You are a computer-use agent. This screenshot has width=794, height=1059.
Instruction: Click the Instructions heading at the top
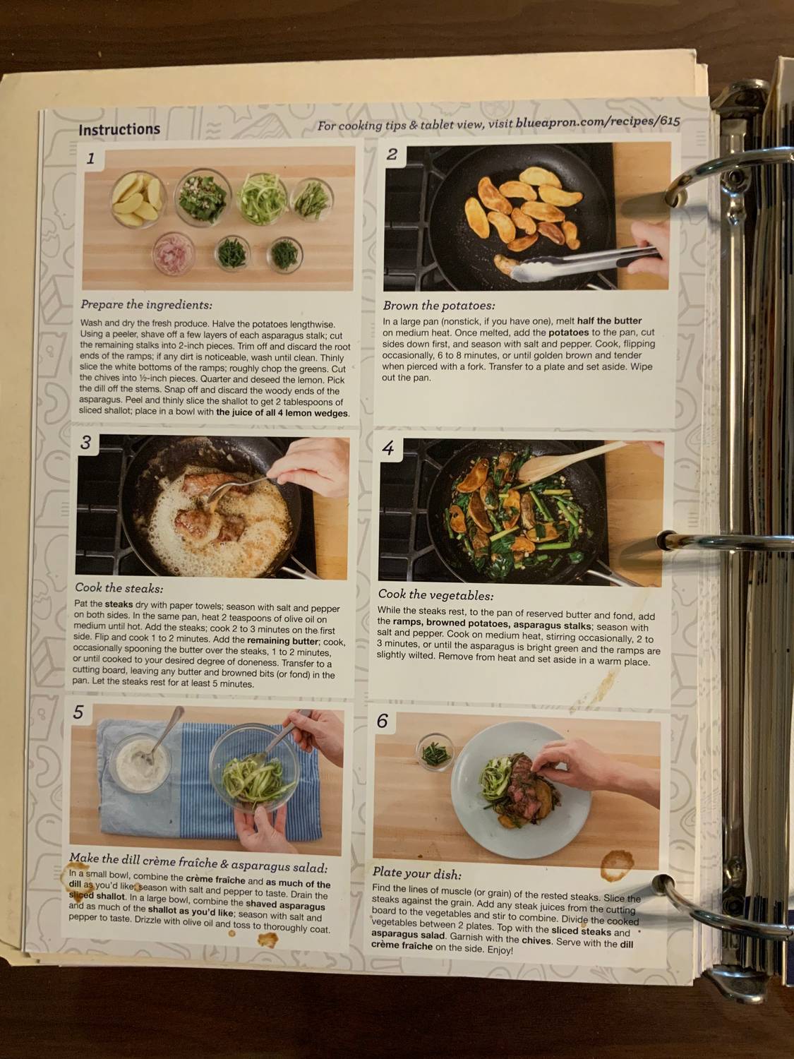pyautogui.click(x=119, y=130)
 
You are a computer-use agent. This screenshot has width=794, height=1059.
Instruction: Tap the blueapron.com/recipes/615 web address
pyautogui.click(x=598, y=122)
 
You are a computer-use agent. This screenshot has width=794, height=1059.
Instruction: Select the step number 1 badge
pyautogui.click(x=90, y=159)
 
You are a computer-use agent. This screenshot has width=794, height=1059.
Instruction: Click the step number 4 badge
pyautogui.click(x=387, y=448)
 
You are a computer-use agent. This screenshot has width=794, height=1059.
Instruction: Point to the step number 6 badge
pyautogui.click(x=383, y=721)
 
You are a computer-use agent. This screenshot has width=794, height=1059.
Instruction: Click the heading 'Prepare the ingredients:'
pyautogui.click(x=146, y=305)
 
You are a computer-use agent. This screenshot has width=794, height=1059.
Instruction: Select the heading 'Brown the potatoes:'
pyautogui.click(x=438, y=306)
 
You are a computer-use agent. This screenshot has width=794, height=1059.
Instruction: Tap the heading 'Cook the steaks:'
pyautogui.click(x=119, y=587)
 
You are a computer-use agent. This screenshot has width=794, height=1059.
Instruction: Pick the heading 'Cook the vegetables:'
pyautogui.click(x=435, y=595)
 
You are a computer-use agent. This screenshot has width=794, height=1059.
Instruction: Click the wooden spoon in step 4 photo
pyautogui.click(x=572, y=462)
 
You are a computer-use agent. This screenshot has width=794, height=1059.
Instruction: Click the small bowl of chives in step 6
pyautogui.click(x=435, y=753)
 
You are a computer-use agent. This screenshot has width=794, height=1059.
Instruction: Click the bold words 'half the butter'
pyautogui.click(x=609, y=321)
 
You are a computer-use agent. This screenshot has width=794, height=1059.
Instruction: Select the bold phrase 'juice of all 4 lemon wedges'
pyautogui.click(x=282, y=413)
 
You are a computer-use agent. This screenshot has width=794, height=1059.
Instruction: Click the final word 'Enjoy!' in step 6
pyautogui.click(x=500, y=950)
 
